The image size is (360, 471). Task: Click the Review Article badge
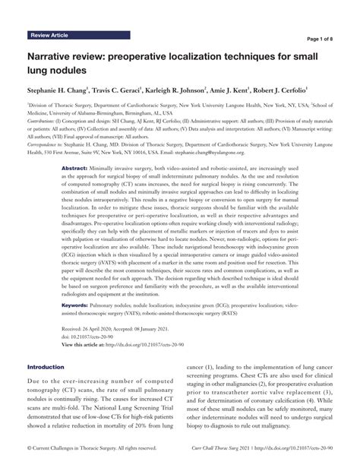coord(53,36)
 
